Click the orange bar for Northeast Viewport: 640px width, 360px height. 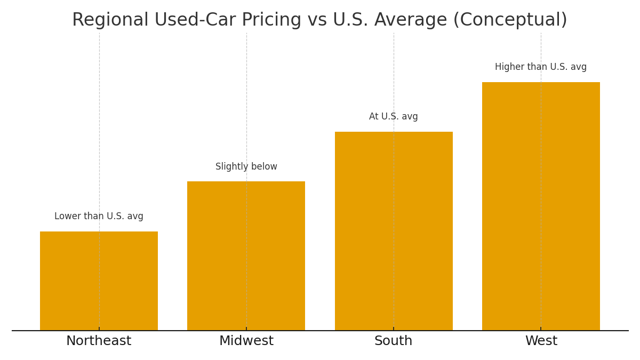click(99, 281)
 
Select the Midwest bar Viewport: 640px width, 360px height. click(246, 256)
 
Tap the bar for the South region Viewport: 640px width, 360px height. click(394, 231)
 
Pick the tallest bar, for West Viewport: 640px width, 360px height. click(541, 206)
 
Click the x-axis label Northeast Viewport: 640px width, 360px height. click(99, 341)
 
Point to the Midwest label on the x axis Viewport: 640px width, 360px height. click(246, 341)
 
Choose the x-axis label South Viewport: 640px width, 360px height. click(394, 341)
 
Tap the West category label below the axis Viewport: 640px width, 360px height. click(541, 341)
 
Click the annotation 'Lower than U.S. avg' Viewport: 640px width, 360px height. click(99, 217)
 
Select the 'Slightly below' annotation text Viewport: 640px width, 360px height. click(246, 167)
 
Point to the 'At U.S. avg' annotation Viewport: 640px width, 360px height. click(394, 117)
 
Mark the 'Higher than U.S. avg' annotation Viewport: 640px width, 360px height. click(541, 67)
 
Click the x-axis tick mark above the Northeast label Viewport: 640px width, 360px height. click(99, 329)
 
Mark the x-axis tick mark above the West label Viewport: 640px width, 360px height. click(541, 329)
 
